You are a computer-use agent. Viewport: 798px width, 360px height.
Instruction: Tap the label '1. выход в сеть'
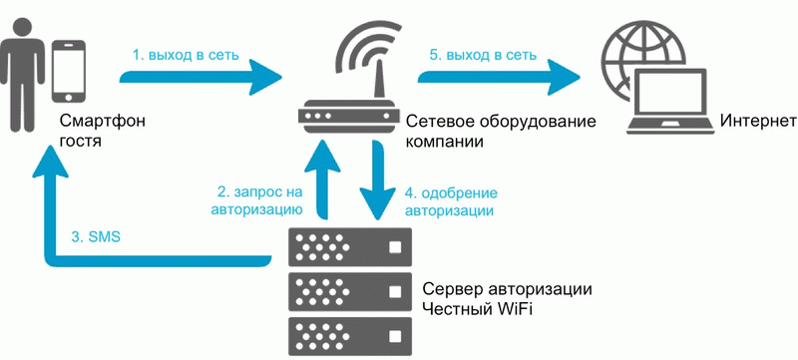point(187,55)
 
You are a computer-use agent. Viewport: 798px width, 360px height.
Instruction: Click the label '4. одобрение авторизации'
point(452,200)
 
